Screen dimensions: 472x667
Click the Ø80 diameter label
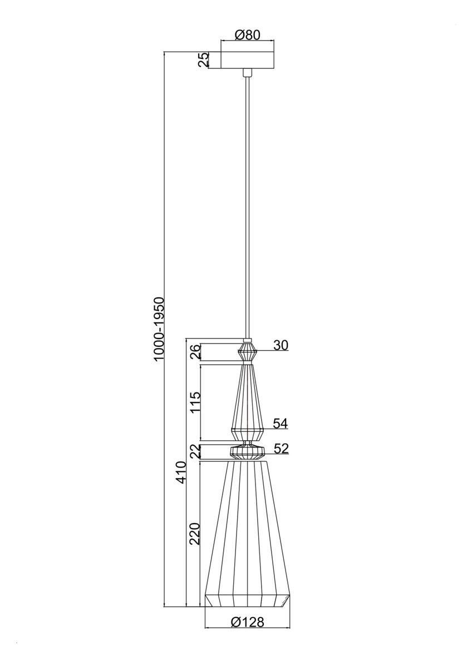click(x=247, y=35)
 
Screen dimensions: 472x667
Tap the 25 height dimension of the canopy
click(x=203, y=60)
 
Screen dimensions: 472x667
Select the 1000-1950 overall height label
click(x=158, y=329)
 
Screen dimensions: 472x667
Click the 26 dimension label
click(x=195, y=352)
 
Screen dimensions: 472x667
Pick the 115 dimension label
click(x=195, y=402)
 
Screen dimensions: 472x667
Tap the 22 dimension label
click(x=195, y=452)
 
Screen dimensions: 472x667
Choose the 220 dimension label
click(x=195, y=534)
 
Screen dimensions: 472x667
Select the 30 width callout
click(x=281, y=345)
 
